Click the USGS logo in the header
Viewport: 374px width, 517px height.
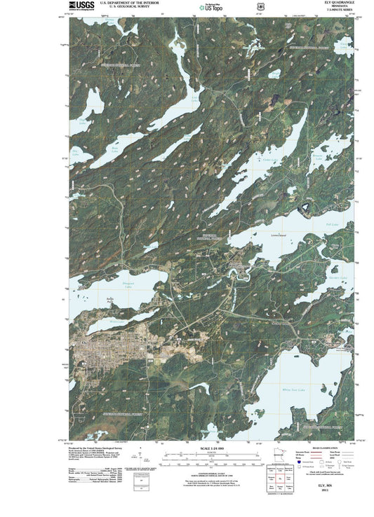(84, 6)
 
